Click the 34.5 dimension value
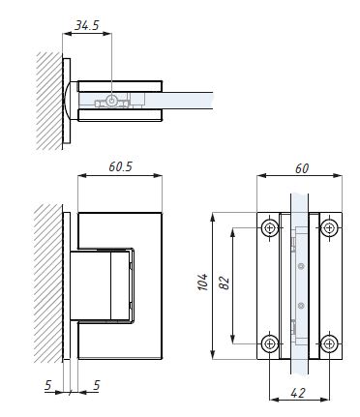(x=87, y=25)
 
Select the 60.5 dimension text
(x=120, y=166)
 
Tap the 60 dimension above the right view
(x=302, y=168)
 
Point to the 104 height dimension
(x=203, y=283)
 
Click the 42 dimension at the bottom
(x=298, y=393)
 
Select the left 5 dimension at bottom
(x=48, y=385)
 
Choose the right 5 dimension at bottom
(x=97, y=385)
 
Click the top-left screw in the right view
(x=270, y=228)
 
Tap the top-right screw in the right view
(x=329, y=228)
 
